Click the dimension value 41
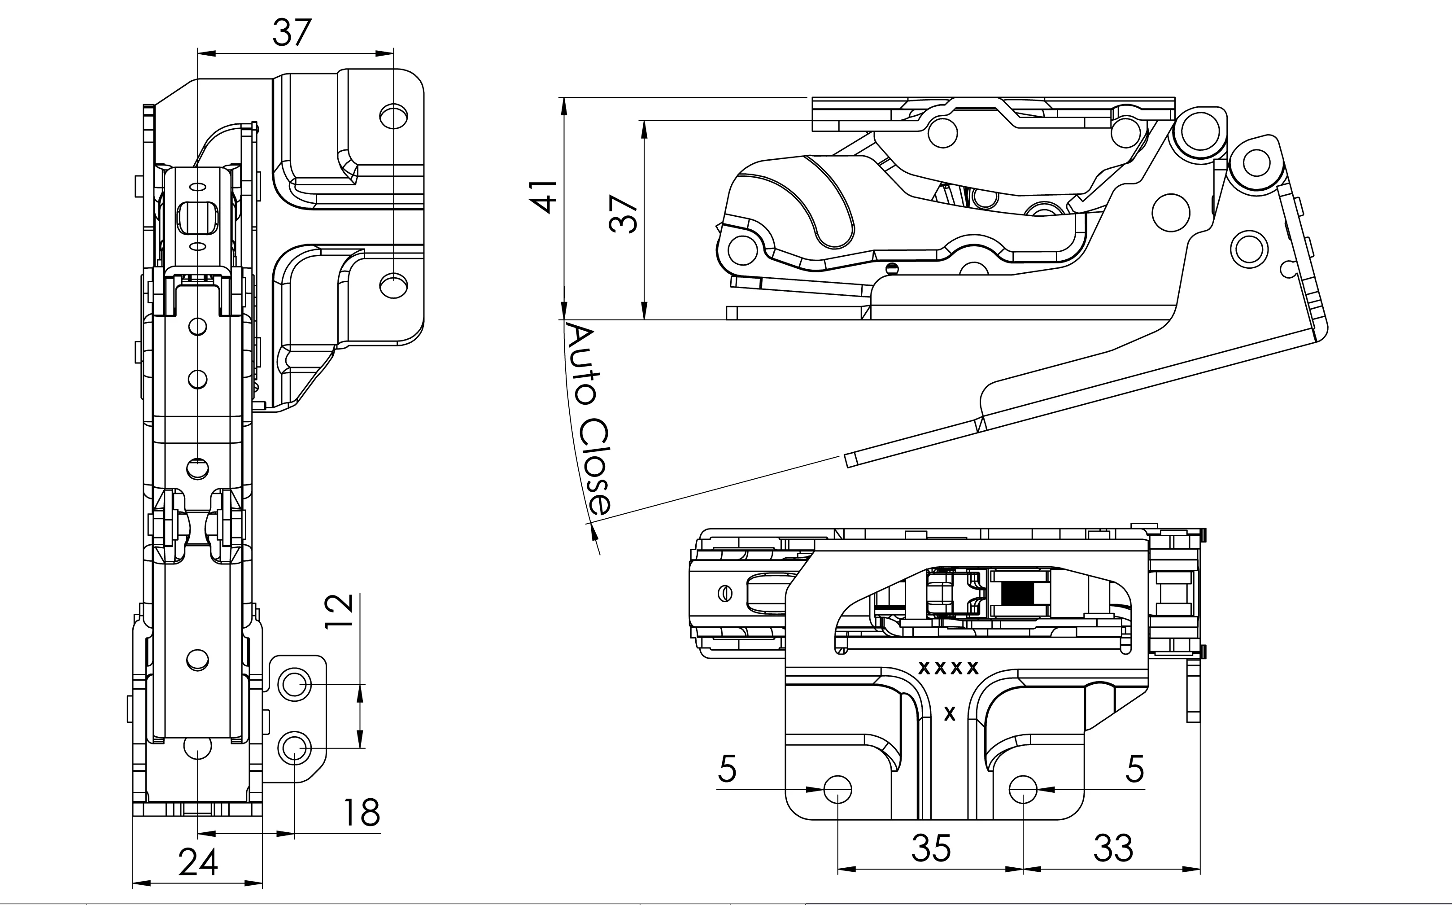pyautogui.click(x=543, y=196)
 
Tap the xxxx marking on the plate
pyautogui.click(x=949, y=667)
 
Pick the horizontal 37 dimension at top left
pyautogui.click(x=292, y=33)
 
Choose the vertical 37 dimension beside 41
pyautogui.click(x=623, y=214)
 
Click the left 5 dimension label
pyautogui.click(x=727, y=769)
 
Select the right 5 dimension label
pyautogui.click(x=1135, y=769)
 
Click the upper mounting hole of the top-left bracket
pyautogui.click(x=394, y=116)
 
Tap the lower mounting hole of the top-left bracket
pyautogui.click(x=394, y=285)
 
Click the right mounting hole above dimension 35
pyautogui.click(x=1023, y=790)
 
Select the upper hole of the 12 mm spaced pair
pyautogui.click(x=294, y=683)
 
